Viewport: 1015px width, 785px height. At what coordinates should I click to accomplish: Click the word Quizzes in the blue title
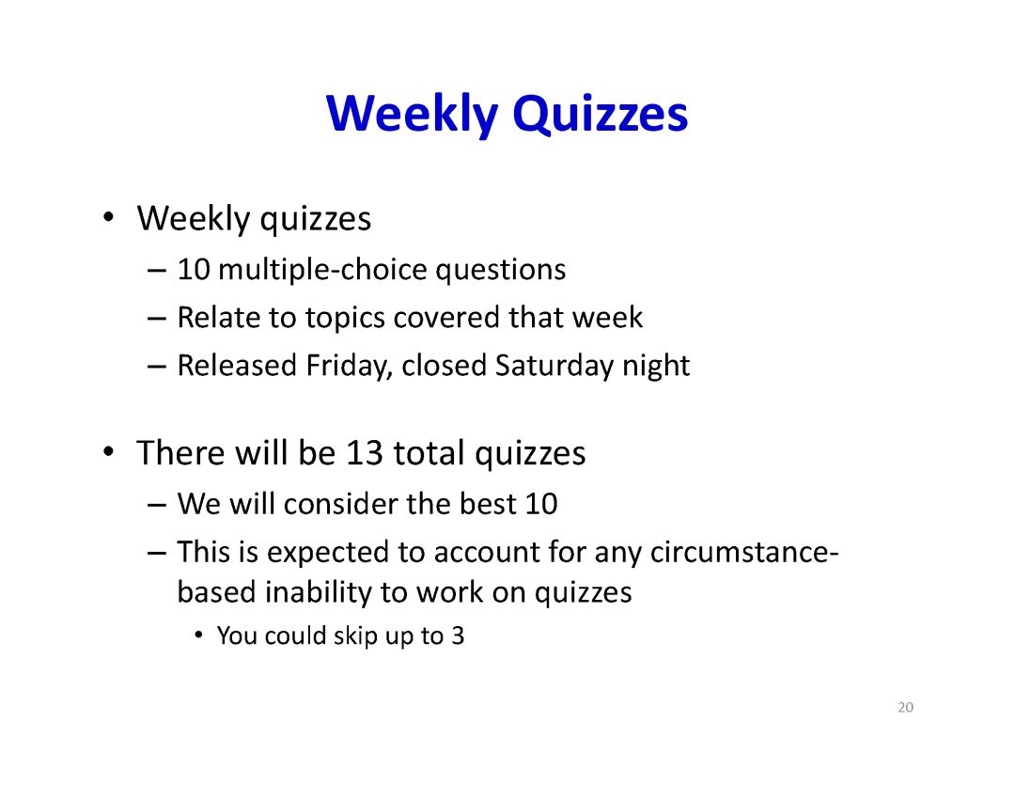coord(600,116)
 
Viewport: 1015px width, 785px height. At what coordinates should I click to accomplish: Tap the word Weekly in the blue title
coord(413,116)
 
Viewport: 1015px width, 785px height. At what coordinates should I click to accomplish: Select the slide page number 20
coord(906,707)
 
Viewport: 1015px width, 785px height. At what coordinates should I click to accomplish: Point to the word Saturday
coord(554,366)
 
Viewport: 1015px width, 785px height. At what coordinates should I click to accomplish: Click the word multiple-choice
coord(322,270)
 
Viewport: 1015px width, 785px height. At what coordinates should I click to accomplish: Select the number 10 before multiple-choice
coord(194,270)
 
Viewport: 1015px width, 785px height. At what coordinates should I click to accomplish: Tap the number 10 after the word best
coord(541,504)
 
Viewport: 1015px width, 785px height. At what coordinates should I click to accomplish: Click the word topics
coord(344,319)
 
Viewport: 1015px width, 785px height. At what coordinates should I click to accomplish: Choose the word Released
coord(237,366)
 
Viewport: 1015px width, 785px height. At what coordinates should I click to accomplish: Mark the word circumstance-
coord(744,552)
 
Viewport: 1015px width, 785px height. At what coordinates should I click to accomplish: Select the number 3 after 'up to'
coord(458,636)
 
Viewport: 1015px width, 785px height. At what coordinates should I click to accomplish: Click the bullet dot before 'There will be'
coord(109,451)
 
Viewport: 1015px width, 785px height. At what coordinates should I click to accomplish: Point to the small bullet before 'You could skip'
coord(199,635)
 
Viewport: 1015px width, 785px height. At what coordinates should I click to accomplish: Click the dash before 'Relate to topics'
coord(157,319)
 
